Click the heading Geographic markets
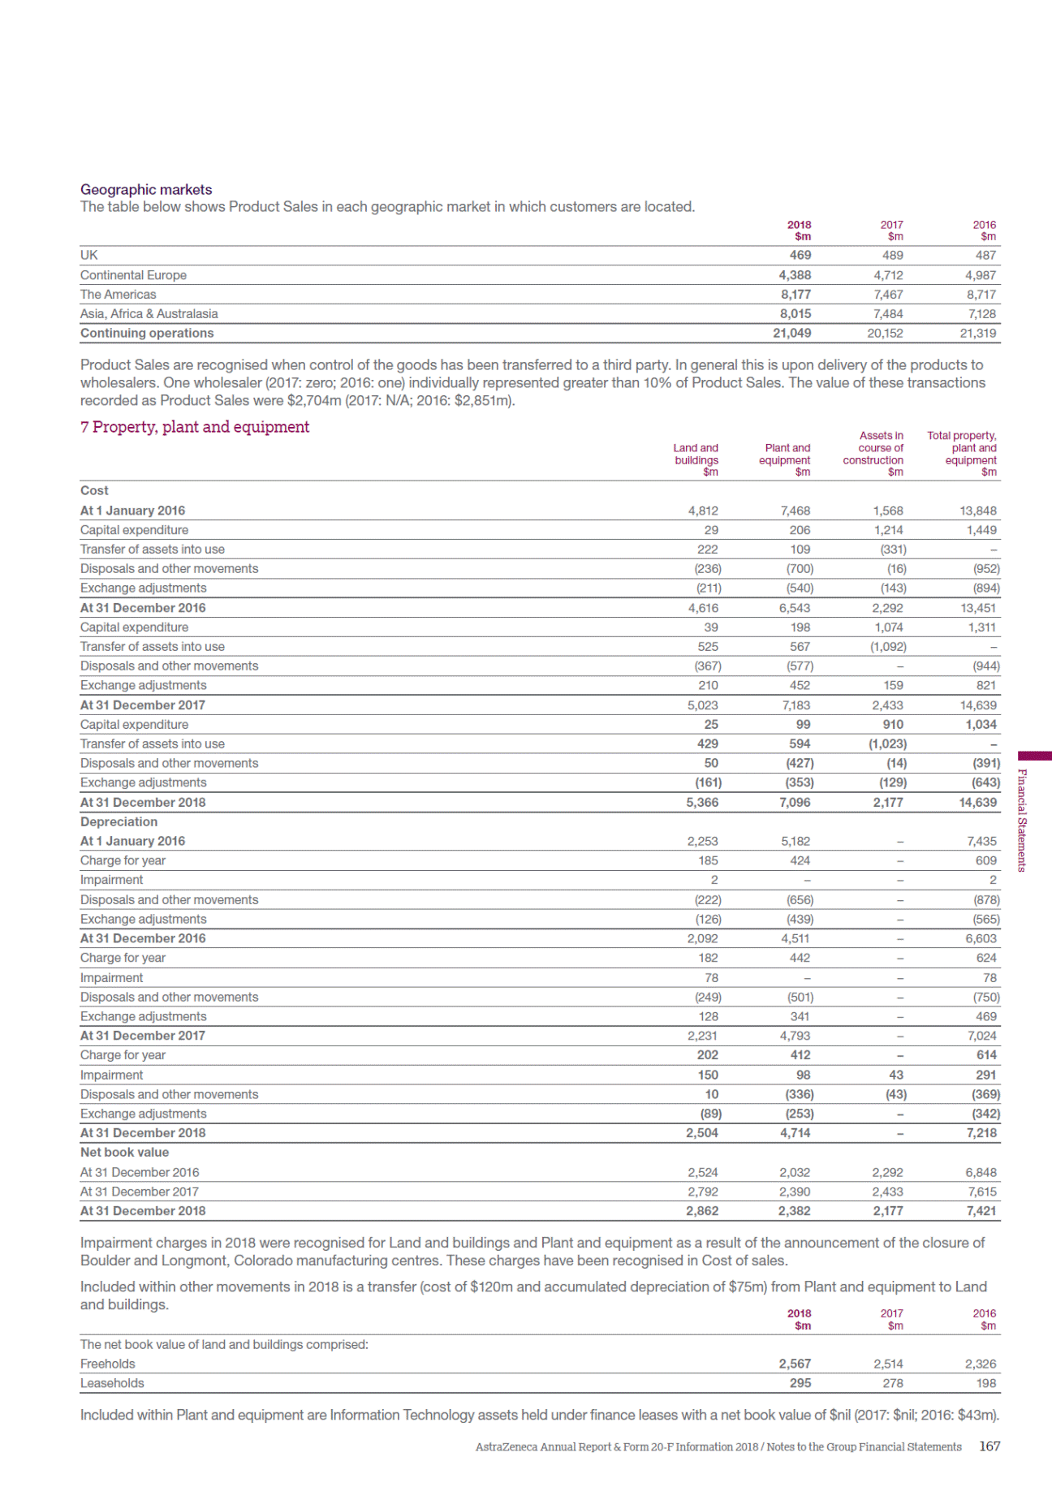pos(146,189)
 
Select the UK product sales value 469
pos(800,255)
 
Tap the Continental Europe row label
pos(133,275)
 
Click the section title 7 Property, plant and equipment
pos(195,427)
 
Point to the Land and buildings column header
pos(696,454)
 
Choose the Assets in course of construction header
pos(874,448)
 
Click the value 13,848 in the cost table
pos(978,511)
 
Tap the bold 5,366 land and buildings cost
pos(702,802)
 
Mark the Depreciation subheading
pos(119,821)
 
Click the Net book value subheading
pos(124,1152)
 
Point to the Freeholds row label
pos(107,1364)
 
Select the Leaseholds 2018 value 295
pos(800,1383)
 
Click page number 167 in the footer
pos(989,1446)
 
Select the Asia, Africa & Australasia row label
pos(149,313)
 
